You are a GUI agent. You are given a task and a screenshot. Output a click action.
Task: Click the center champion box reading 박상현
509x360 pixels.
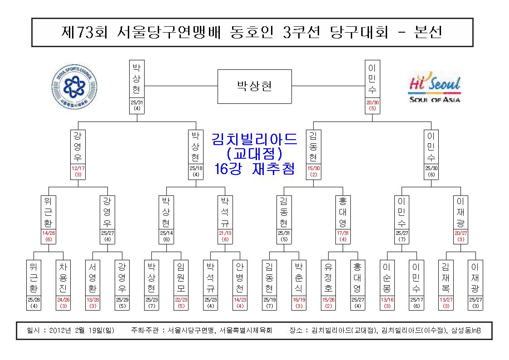tap(255, 86)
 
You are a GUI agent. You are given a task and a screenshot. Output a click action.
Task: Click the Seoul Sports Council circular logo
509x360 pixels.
tap(74, 87)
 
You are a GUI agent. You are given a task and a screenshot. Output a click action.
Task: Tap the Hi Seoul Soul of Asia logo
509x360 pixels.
tap(435, 87)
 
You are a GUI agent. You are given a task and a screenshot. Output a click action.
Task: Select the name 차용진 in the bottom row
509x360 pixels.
tap(63, 278)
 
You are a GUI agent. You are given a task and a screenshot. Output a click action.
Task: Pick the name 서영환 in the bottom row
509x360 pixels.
tap(92, 278)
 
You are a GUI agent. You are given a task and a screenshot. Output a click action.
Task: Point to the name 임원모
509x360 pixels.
tap(181, 278)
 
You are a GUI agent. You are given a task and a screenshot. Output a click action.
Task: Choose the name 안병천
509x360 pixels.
tap(240, 278)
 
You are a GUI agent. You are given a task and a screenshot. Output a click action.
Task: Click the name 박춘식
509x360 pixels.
tap(299, 278)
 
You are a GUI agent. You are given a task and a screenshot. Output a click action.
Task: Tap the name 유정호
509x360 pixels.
tap(328, 278)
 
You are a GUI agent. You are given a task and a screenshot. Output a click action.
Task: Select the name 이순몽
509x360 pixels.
tap(387, 278)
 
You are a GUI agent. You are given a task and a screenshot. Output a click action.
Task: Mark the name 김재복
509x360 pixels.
tap(446, 278)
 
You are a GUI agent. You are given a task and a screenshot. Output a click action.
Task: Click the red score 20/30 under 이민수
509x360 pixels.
tap(372, 102)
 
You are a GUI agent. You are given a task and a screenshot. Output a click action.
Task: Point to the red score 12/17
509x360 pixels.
tap(78, 168)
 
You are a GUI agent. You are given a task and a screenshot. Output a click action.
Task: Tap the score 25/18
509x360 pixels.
tap(196, 168)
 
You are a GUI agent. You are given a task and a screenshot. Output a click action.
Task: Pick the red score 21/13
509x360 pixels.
tap(225, 233)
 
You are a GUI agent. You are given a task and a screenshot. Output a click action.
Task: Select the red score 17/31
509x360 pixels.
tap(343, 233)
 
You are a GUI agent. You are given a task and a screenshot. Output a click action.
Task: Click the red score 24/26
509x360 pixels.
tap(63, 300)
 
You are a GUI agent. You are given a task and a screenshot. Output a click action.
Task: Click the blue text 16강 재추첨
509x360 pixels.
tap(255, 169)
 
